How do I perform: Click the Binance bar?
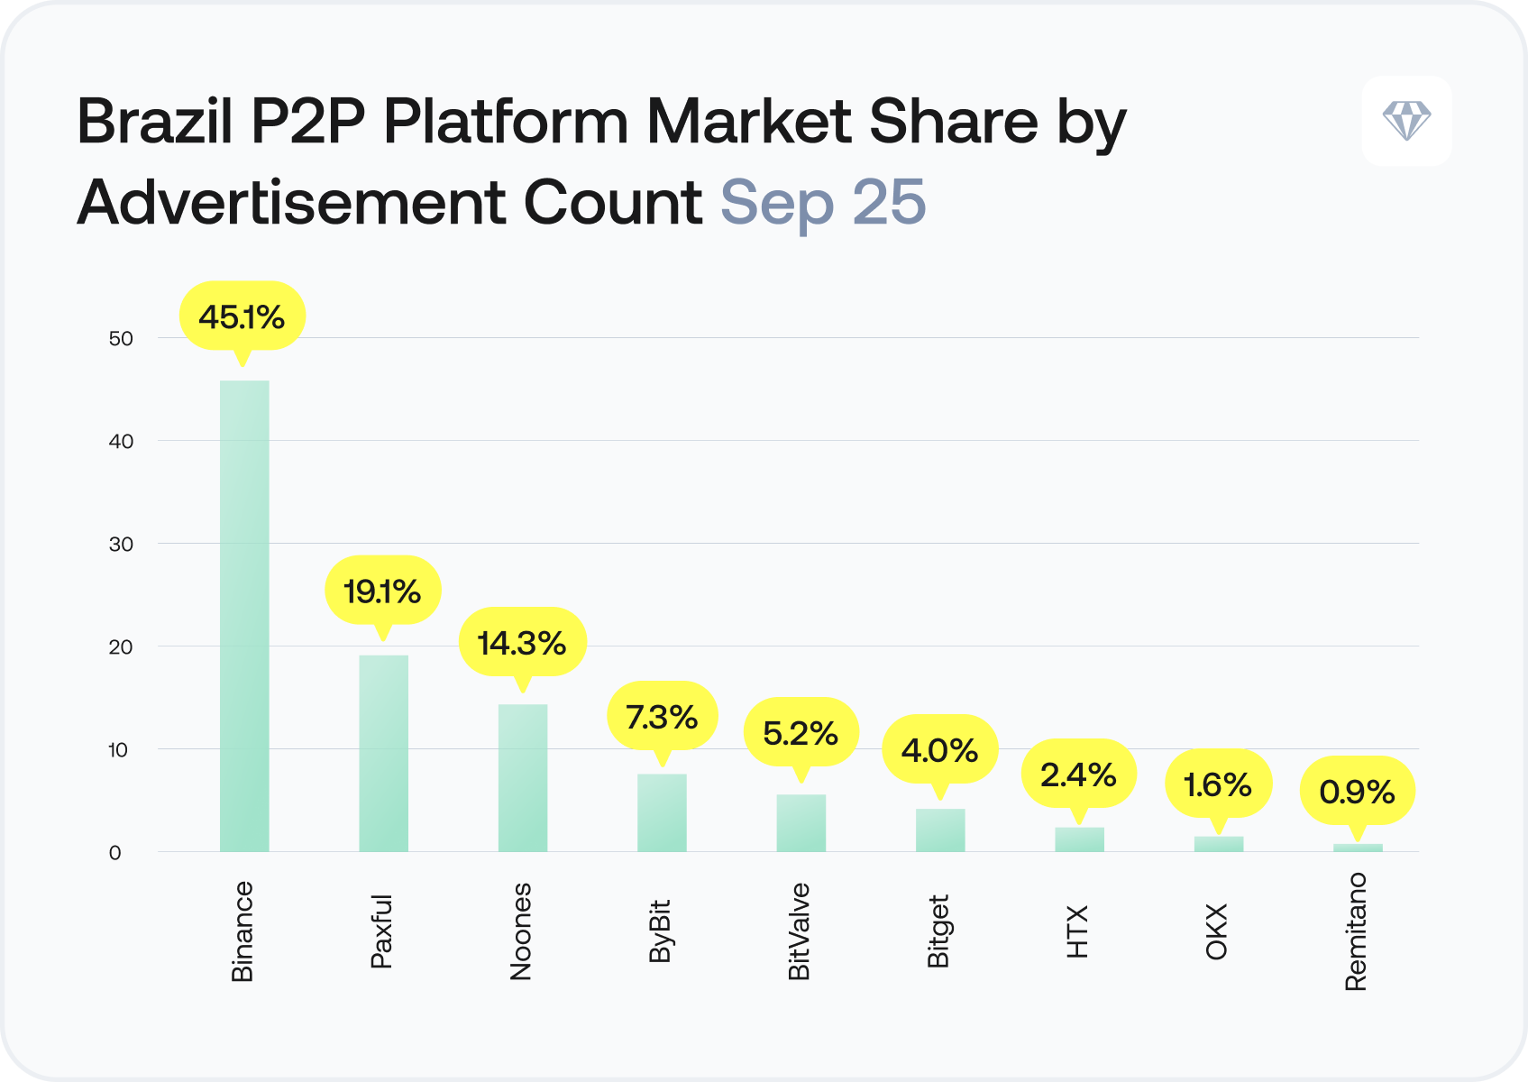pos(244,616)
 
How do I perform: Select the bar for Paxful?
pos(383,753)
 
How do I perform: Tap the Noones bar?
pos(523,777)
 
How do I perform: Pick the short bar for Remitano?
pos(1358,848)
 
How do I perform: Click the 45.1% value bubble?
pos(242,317)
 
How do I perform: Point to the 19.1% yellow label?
pos(382,591)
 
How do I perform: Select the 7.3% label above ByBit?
pos(662,717)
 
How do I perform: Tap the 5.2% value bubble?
pos(801,733)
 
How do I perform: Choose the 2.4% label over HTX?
pos(1078,775)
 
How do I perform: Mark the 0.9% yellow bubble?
pos(1357,792)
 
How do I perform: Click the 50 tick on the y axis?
pos(121,339)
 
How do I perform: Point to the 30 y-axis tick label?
pos(121,545)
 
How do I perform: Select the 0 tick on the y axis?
pos(114,853)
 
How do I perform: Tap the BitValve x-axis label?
pos(800,931)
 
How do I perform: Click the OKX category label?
pos(1217,931)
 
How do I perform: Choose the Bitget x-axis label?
pos(938,931)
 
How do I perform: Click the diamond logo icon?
pos(1406,121)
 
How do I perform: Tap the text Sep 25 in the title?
pos(822,202)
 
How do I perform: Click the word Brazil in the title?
pos(155,122)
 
